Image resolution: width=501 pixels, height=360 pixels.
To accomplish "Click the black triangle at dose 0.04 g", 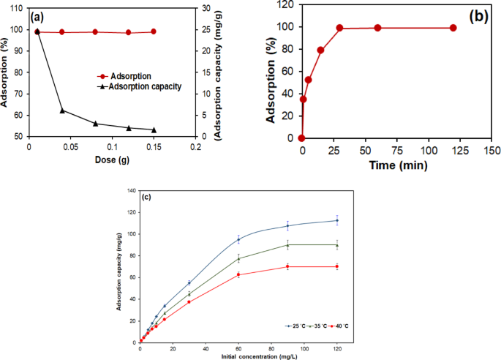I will click(62, 110).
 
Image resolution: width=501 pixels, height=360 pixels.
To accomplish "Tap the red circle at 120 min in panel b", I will click(453, 28).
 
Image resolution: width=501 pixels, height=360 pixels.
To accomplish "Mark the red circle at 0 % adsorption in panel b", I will click(301, 138).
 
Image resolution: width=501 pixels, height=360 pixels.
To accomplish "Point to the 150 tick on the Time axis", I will click(491, 150).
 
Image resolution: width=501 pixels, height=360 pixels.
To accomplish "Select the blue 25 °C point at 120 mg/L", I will click(336, 220).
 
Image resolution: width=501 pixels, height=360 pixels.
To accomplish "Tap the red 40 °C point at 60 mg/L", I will click(238, 274).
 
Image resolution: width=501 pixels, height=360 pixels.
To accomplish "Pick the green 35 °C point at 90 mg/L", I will click(287, 245).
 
